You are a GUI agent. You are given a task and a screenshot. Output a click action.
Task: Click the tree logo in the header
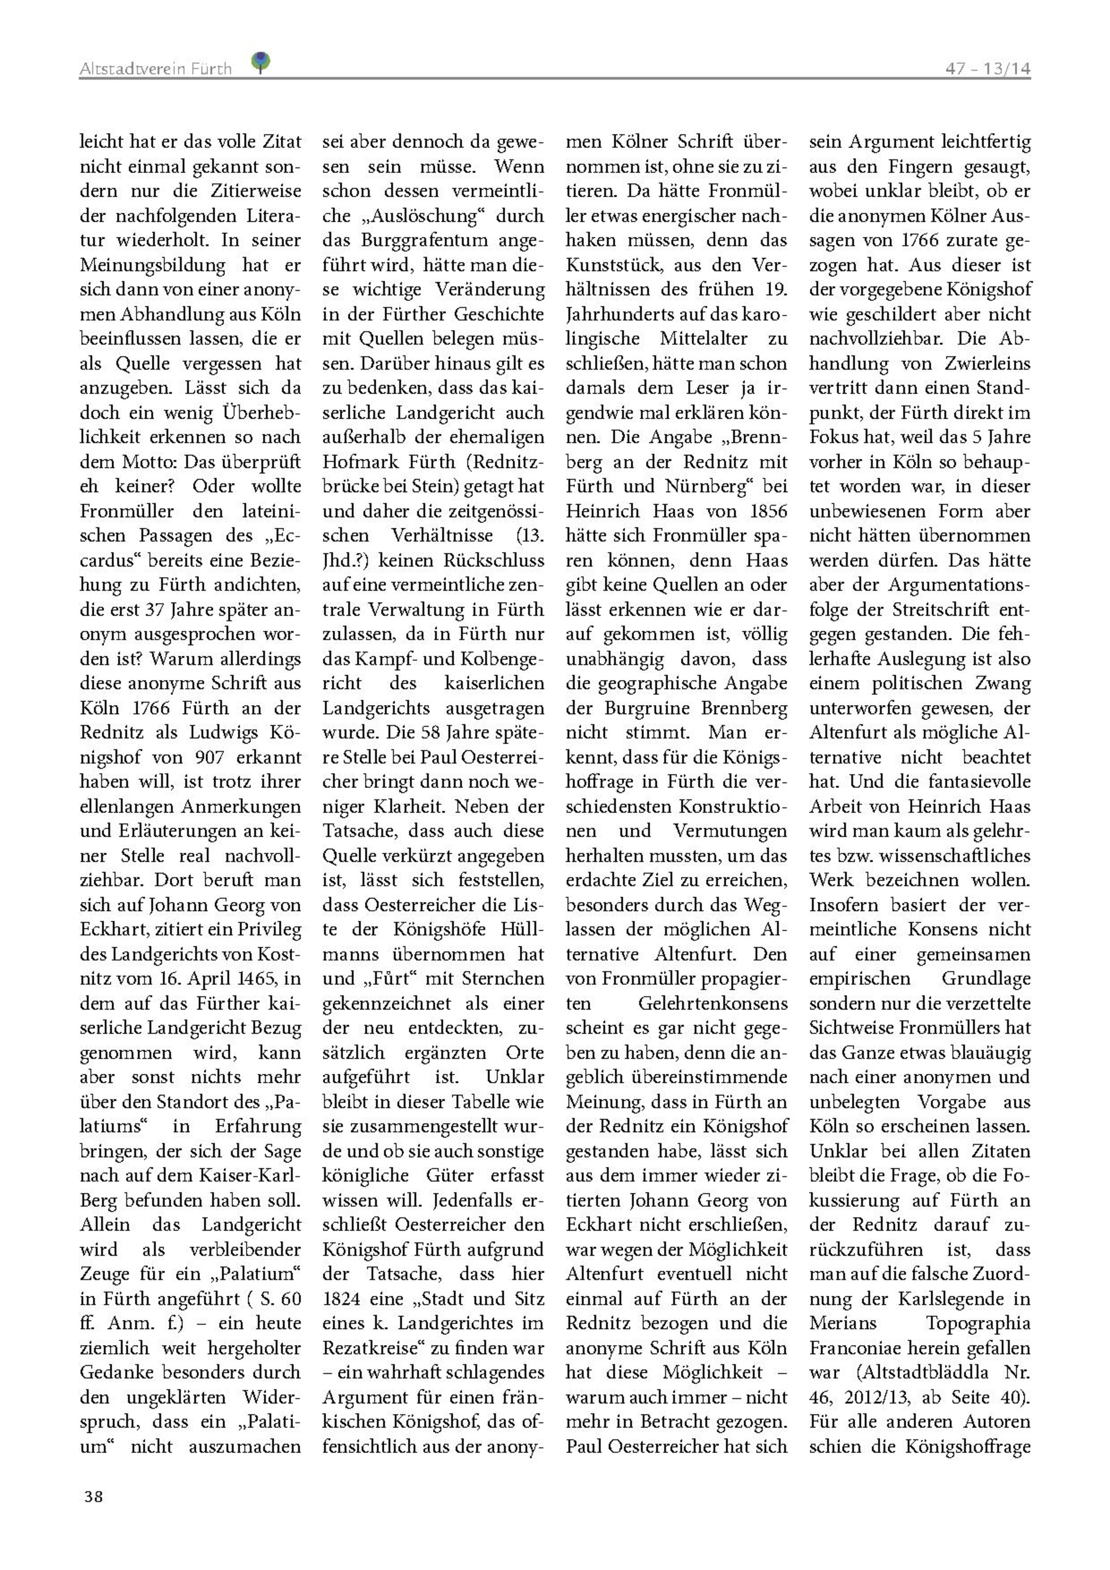261,62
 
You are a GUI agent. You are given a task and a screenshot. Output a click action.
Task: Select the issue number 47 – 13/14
988,68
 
